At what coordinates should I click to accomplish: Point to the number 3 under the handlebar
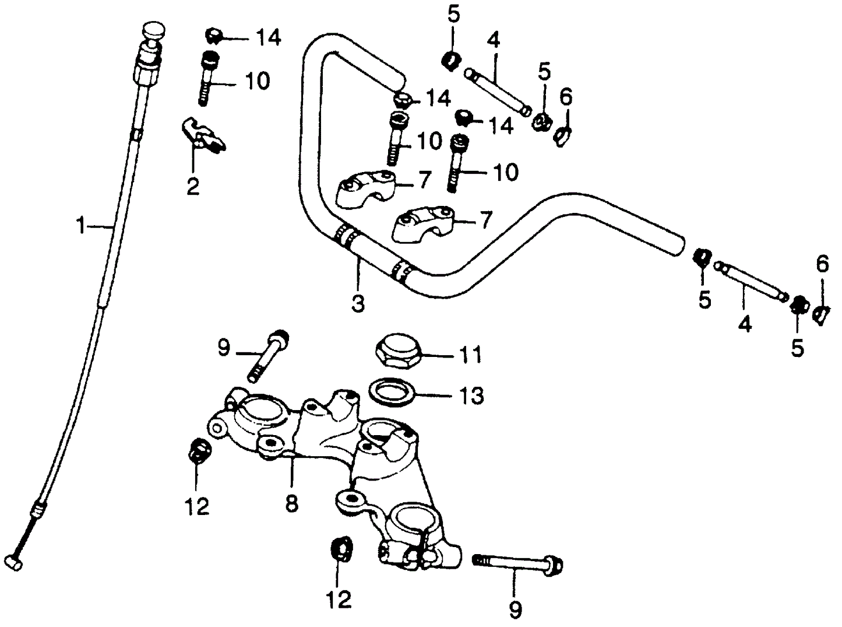coord(358,303)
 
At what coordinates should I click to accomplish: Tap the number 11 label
coord(470,354)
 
